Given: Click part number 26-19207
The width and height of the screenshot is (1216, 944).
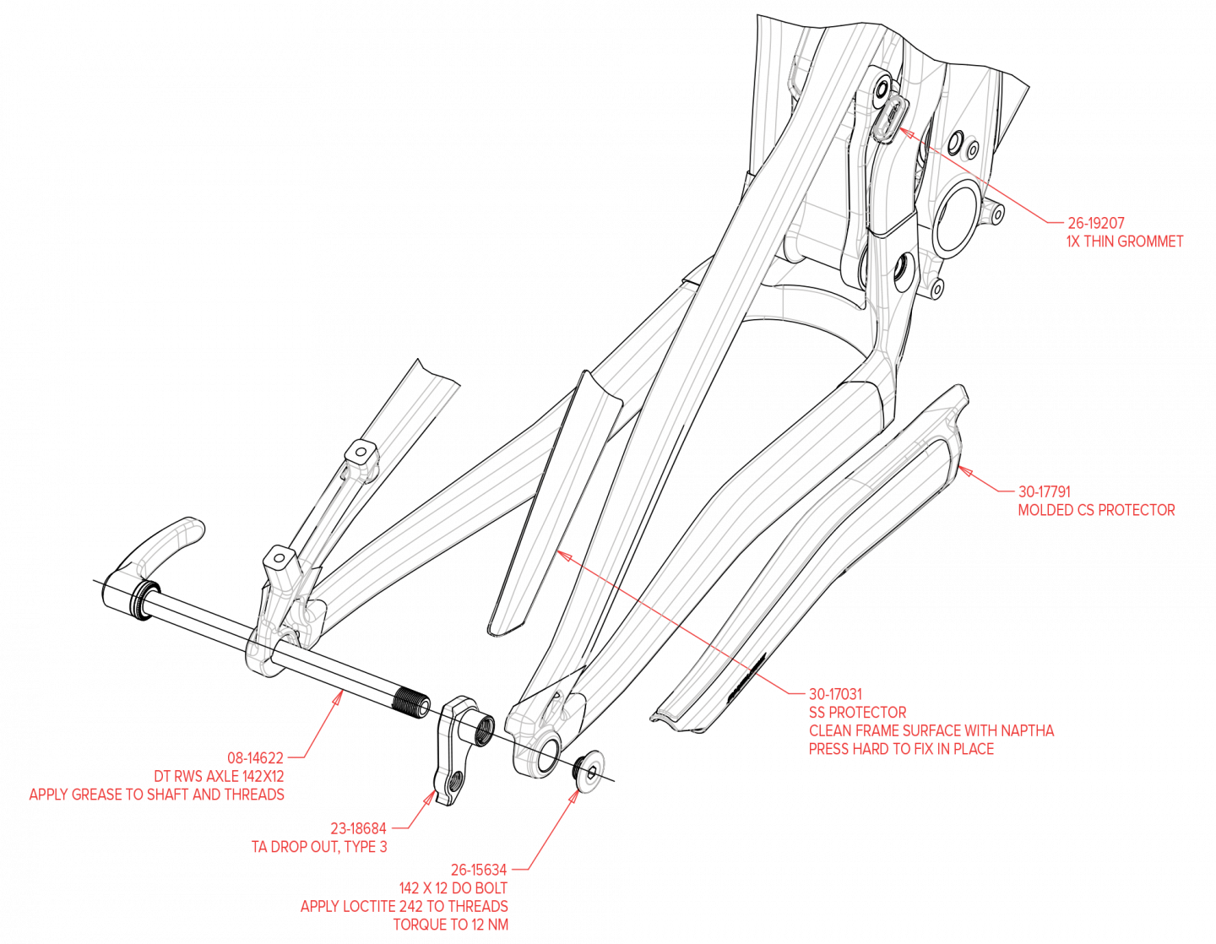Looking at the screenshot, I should (1095, 224).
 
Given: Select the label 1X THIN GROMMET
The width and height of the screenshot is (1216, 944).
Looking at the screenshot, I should (1124, 241).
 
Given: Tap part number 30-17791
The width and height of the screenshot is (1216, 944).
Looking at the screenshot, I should (1044, 491).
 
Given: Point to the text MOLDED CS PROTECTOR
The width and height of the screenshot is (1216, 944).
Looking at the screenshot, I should (1096, 510).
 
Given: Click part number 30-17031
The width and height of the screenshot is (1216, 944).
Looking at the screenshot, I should (835, 694).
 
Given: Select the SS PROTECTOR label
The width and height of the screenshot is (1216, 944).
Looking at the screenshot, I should (857, 713).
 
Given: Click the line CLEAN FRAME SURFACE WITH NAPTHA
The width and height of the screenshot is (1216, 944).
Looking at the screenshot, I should (931, 731).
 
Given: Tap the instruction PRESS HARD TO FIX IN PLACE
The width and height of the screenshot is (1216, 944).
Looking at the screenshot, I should (901, 749).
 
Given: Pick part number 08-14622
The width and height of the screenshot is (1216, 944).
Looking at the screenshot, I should (255, 758).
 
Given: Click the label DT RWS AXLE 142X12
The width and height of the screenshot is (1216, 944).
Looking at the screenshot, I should (219, 776).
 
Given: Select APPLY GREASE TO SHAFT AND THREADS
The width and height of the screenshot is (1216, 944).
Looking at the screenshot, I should (157, 795).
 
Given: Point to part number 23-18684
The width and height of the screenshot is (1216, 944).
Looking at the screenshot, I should (358, 829).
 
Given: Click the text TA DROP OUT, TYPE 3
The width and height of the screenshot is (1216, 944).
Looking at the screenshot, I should (319, 847).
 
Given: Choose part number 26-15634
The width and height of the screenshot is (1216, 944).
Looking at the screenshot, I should (479, 870).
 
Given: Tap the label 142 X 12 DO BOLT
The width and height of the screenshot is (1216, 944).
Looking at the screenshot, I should (453, 888).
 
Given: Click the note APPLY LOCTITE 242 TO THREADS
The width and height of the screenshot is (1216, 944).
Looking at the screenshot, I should (404, 906).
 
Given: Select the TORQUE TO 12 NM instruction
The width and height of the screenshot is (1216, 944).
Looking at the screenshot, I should (451, 925).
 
